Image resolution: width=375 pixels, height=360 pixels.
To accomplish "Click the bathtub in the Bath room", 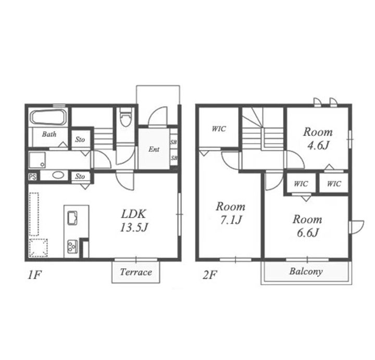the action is (x=48, y=117).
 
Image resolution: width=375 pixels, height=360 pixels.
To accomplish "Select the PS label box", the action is (x=32, y=177).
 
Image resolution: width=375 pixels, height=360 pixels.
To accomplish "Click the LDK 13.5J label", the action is (x=134, y=220).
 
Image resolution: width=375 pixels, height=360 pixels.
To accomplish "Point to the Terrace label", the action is (x=136, y=272).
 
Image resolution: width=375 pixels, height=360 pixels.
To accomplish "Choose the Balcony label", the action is (x=306, y=271).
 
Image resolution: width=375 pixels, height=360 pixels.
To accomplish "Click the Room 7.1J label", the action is (x=231, y=213).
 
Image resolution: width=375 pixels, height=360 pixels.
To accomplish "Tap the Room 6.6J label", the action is (x=307, y=226).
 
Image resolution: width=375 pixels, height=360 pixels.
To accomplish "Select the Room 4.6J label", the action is (x=318, y=139).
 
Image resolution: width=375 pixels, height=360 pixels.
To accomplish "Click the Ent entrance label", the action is (x=154, y=150).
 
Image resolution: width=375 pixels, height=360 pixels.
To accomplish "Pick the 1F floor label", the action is (x=35, y=275).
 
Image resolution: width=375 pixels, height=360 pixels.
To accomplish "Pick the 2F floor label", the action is (x=210, y=275).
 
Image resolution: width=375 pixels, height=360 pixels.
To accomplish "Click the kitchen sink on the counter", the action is (x=72, y=218).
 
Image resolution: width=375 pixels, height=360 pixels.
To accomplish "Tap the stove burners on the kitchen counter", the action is (x=72, y=246).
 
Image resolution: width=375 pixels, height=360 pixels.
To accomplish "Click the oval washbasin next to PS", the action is (x=58, y=175).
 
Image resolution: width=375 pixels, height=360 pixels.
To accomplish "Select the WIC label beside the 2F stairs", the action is (x=219, y=129).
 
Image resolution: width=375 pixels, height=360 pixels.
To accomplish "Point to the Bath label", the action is (x=49, y=134).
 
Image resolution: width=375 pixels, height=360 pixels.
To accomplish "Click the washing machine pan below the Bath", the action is (x=37, y=160).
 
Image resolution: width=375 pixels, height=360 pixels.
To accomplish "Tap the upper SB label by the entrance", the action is (x=173, y=142).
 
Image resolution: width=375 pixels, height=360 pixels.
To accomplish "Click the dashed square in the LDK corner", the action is (x=38, y=248).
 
